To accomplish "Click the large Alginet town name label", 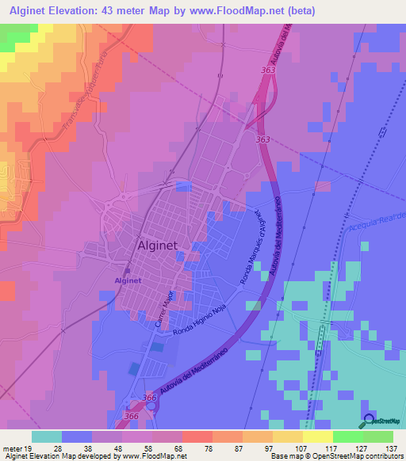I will tap(163, 246).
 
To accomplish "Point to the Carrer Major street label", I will tap(164, 308).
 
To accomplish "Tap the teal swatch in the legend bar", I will tap(47, 436).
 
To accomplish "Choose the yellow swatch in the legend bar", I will tap(317, 436).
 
